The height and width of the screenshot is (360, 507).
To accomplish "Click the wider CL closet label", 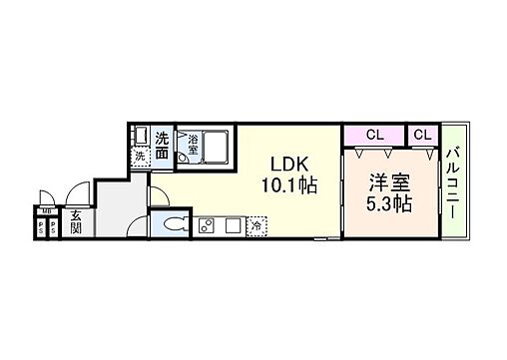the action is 374,134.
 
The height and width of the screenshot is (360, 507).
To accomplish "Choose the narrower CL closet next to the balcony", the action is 422,134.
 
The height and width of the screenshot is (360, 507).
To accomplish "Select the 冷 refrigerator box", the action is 257,225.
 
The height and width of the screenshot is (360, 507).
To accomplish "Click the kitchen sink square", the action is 233,224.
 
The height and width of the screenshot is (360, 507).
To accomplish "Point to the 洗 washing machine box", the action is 141,156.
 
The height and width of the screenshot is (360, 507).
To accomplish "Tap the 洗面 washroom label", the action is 162,141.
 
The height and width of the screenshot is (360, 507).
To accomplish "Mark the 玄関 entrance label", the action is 76,220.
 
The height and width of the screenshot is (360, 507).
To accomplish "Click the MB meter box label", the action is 46,209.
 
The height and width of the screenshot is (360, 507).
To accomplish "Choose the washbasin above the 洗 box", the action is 141,136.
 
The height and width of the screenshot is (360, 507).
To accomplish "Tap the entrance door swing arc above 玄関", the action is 74,196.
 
